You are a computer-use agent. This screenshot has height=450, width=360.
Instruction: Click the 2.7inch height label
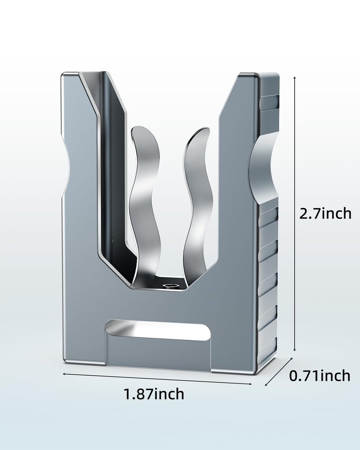coord(325,213)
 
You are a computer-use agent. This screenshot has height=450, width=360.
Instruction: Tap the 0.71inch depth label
coord(319,376)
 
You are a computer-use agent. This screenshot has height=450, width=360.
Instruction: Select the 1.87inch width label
coord(154,394)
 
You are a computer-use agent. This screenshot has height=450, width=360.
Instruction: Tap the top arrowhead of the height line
coord(295,78)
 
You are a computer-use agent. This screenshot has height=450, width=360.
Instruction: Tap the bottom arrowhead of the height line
coord(295,349)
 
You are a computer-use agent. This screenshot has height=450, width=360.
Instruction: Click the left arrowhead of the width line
coord(64,373)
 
